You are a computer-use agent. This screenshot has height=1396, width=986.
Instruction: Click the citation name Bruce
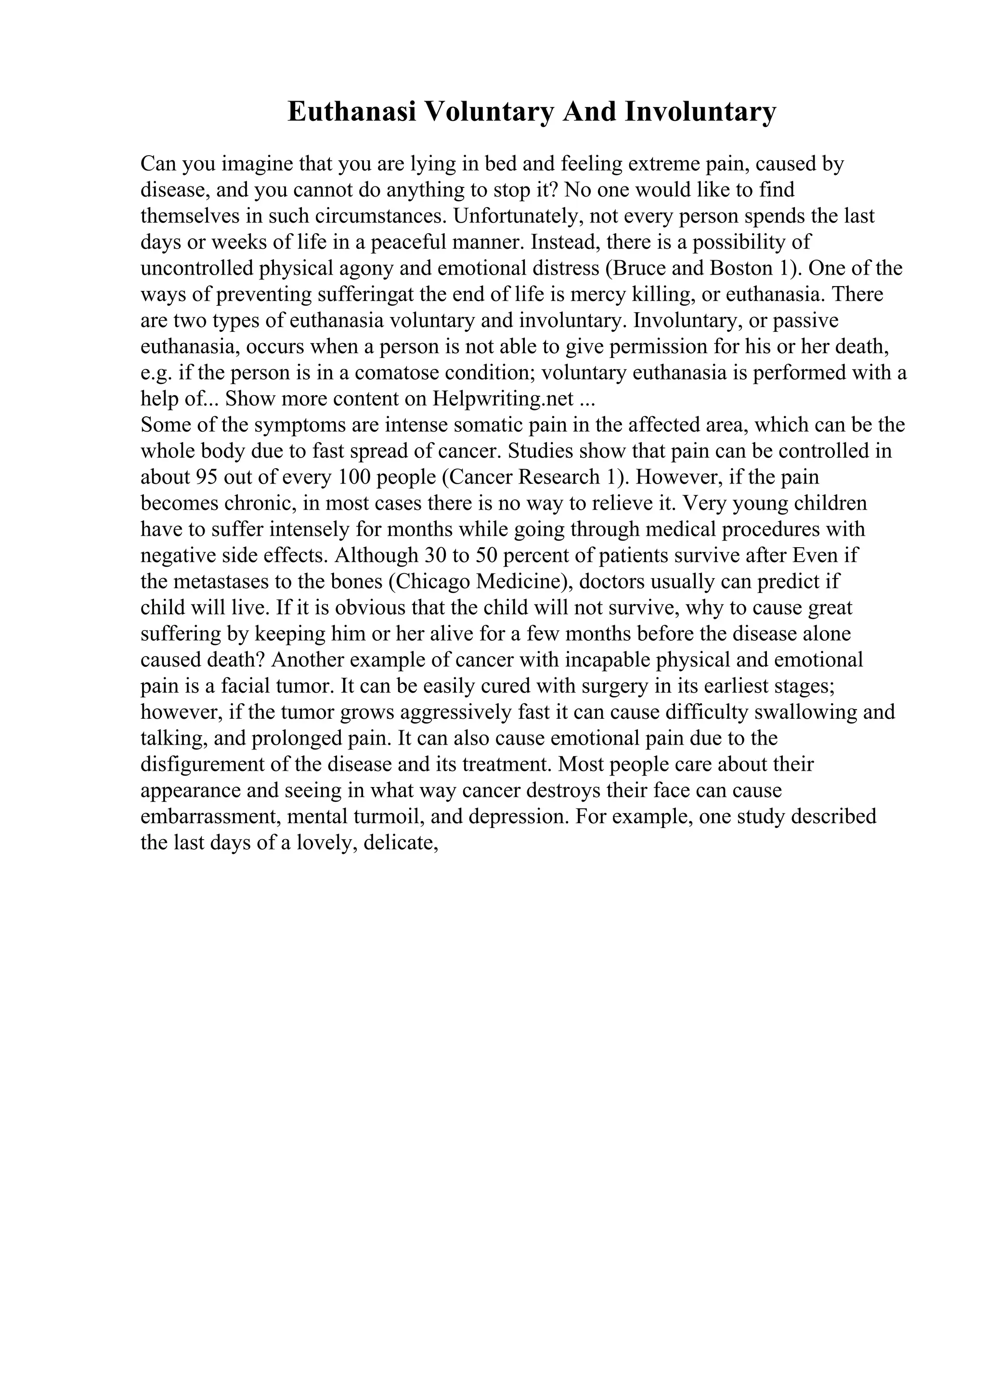tap(636, 269)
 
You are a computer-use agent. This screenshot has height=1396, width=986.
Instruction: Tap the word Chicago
tap(432, 582)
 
